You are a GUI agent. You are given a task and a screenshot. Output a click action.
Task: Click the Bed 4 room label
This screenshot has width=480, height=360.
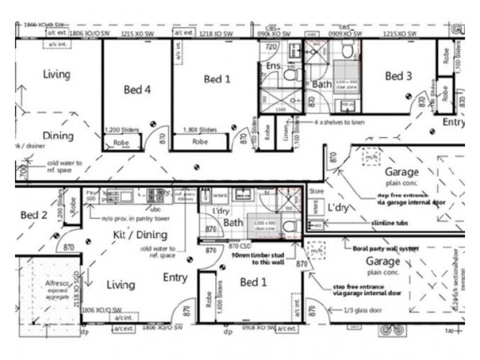(137, 89)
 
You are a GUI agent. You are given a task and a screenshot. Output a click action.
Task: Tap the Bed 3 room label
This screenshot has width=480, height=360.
(398, 76)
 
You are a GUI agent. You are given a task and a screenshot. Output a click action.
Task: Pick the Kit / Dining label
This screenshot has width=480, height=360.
(140, 235)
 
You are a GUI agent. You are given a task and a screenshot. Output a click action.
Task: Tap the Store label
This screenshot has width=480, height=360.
(316, 193)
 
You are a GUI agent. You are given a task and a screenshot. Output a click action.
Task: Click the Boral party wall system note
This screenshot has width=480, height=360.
(382, 247)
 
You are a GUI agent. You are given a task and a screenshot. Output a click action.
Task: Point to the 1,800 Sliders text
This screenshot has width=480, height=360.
(200, 130)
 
